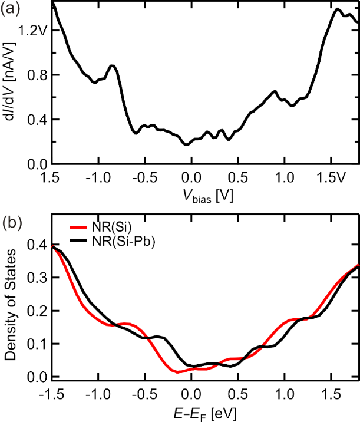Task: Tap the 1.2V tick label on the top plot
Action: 31,30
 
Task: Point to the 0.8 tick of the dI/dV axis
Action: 35,75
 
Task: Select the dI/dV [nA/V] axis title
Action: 11,83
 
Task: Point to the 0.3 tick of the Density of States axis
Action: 35,278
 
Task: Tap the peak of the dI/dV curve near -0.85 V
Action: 112,65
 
